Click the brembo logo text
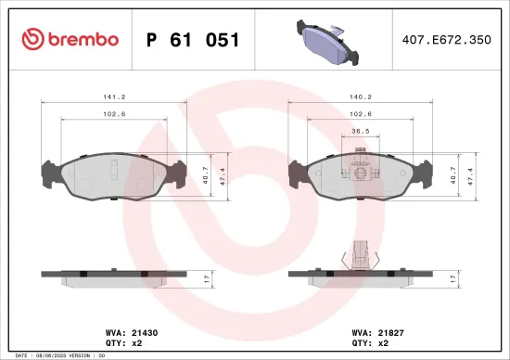(x=83, y=40)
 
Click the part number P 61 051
(x=193, y=40)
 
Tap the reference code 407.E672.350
(x=445, y=40)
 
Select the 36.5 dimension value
(x=362, y=132)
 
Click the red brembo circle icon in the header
(x=32, y=40)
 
